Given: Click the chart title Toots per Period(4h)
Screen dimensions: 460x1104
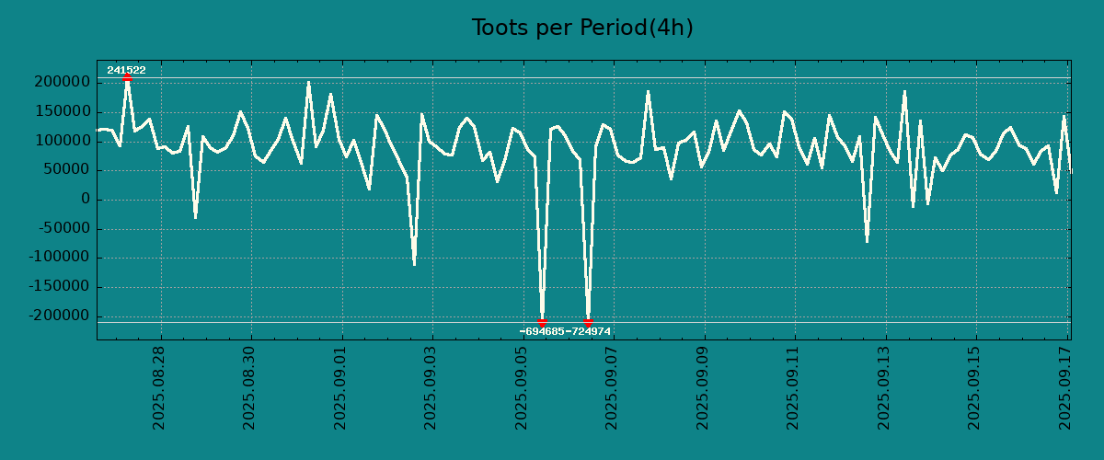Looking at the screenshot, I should (x=582, y=28).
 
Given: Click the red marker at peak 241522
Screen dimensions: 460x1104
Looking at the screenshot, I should (x=127, y=78).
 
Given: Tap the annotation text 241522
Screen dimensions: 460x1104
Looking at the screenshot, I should (x=126, y=70).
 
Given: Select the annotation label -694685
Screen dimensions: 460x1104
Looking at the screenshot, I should (x=542, y=331).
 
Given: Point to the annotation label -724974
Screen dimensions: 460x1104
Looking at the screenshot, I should (x=589, y=331).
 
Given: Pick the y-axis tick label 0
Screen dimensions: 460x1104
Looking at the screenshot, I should (x=86, y=200).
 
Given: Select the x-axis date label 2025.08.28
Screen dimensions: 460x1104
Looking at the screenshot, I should (x=158, y=387).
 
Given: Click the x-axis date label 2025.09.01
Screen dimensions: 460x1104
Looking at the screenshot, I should (x=340, y=387).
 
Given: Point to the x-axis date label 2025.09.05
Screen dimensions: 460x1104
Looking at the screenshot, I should (x=522, y=387).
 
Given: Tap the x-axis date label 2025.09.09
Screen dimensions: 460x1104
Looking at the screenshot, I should (x=704, y=387).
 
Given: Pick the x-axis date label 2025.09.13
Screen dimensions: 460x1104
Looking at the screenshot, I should (x=885, y=387).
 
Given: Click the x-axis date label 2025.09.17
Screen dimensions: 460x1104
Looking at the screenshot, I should (x=1066, y=387).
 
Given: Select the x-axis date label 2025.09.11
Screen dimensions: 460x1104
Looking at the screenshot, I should (x=794, y=387).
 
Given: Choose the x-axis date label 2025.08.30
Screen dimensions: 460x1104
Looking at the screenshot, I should (x=249, y=387).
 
